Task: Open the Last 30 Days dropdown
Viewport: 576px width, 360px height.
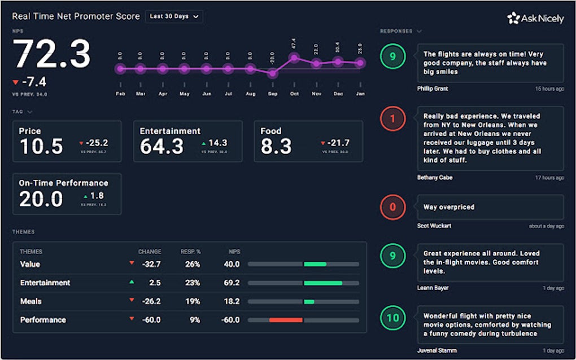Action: (x=173, y=17)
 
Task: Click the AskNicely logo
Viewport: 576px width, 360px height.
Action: (x=535, y=19)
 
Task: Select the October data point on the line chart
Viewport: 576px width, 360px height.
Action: (x=294, y=58)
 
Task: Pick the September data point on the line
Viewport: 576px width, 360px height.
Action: (x=272, y=73)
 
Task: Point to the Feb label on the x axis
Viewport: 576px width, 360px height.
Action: (x=120, y=94)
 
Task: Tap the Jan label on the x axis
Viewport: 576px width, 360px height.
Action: (x=359, y=94)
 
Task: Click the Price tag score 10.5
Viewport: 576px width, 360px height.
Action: (x=41, y=147)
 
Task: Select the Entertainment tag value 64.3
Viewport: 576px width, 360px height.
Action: (x=162, y=147)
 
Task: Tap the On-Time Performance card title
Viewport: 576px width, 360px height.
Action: (x=63, y=183)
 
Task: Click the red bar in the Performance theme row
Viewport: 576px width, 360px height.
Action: (x=286, y=320)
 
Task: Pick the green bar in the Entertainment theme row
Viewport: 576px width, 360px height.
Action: (x=323, y=283)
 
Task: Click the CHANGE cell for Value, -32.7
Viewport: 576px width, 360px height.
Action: (x=151, y=264)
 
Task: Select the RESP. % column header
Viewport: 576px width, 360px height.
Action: (x=190, y=252)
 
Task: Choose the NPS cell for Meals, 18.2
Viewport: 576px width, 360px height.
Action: (x=231, y=301)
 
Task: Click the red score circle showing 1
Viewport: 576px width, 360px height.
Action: (x=392, y=119)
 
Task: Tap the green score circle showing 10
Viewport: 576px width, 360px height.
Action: (x=392, y=318)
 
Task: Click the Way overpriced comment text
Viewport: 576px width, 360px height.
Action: (x=448, y=207)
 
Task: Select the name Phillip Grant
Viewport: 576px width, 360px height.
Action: (x=433, y=89)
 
